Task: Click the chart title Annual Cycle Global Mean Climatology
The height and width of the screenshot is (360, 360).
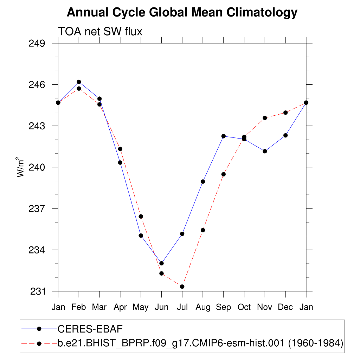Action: [182, 13]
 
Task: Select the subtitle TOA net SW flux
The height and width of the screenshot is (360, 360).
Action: [100, 32]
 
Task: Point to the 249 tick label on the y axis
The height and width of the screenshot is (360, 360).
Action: [38, 43]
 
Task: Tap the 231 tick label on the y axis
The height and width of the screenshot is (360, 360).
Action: [38, 291]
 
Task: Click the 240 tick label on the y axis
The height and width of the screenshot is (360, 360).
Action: [38, 167]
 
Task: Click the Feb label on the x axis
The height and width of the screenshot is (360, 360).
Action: [79, 307]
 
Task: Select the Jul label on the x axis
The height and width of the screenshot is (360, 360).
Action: [182, 307]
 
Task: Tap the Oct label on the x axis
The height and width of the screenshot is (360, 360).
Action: [244, 307]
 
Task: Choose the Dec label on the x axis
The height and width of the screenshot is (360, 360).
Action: [285, 307]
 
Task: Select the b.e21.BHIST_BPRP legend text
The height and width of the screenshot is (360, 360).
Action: [200, 343]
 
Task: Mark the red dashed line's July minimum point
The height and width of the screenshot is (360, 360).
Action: [182, 287]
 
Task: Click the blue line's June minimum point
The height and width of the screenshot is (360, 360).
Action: [161, 263]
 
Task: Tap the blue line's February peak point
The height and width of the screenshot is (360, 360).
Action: [79, 82]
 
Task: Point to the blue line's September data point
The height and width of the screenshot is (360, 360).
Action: [223, 136]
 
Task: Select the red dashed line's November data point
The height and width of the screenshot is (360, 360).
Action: [265, 118]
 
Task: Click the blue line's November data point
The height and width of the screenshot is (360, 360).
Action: [265, 151]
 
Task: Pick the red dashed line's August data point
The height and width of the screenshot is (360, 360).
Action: [203, 230]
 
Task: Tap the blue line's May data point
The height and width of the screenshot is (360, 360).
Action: [141, 236]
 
